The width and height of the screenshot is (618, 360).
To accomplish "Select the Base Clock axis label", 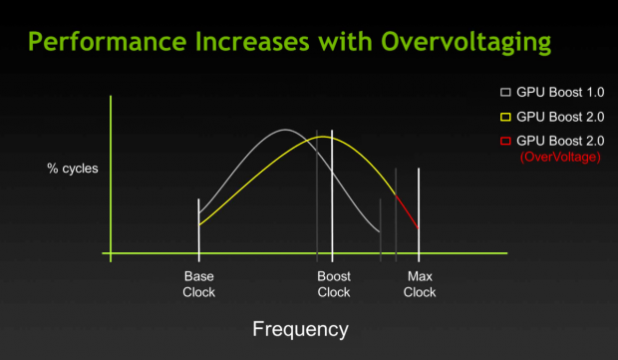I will pos(199,284).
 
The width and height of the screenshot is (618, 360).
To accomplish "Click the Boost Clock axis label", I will pos(333,284).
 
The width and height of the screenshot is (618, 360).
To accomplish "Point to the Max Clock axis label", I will pos(420,284).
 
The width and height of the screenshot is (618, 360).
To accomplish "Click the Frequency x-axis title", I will pos(300,328).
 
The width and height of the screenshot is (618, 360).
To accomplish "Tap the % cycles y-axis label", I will pos(74,169).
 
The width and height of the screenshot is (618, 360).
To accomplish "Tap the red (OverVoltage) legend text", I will pos(561,158).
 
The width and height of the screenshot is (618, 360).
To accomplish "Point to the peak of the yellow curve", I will pos(327,136).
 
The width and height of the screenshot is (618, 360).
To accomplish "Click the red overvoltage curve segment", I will pos(408,210).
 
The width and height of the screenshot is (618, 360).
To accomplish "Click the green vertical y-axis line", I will pos(110,180).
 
